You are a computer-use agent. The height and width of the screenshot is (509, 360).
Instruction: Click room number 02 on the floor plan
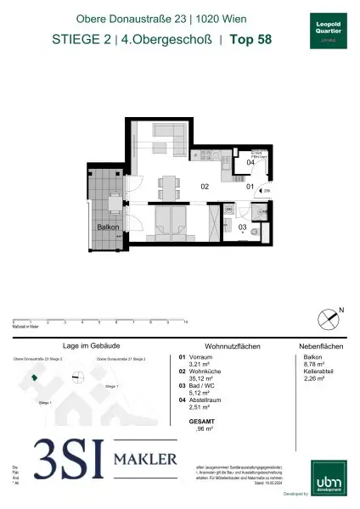pyautogui.click(x=205, y=186)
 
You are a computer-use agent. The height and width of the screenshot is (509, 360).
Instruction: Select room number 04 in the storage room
pyautogui.click(x=250, y=162)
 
